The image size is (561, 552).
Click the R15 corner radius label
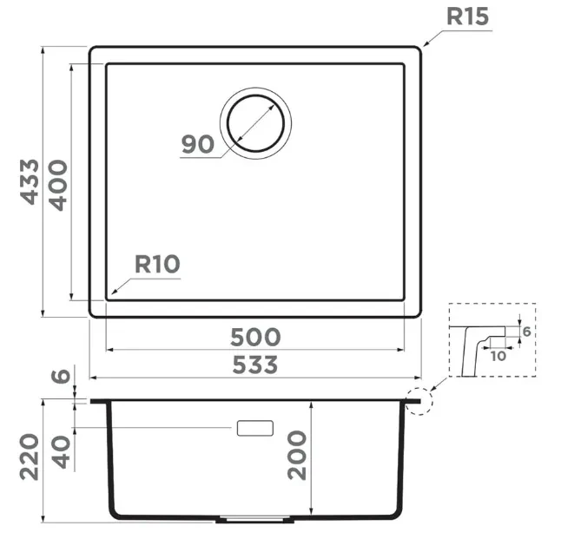(x=467, y=16)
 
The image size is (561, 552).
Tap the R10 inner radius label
(x=157, y=264)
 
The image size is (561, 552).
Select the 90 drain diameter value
(x=197, y=144)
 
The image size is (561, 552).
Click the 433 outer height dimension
(x=29, y=181)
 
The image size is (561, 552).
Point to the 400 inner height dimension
(x=57, y=185)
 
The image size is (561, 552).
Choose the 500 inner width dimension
(x=255, y=337)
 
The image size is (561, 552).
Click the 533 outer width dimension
(x=255, y=365)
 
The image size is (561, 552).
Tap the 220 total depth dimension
(x=29, y=457)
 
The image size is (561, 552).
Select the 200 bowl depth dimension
(x=297, y=455)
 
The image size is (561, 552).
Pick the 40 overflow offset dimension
(x=61, y=451)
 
